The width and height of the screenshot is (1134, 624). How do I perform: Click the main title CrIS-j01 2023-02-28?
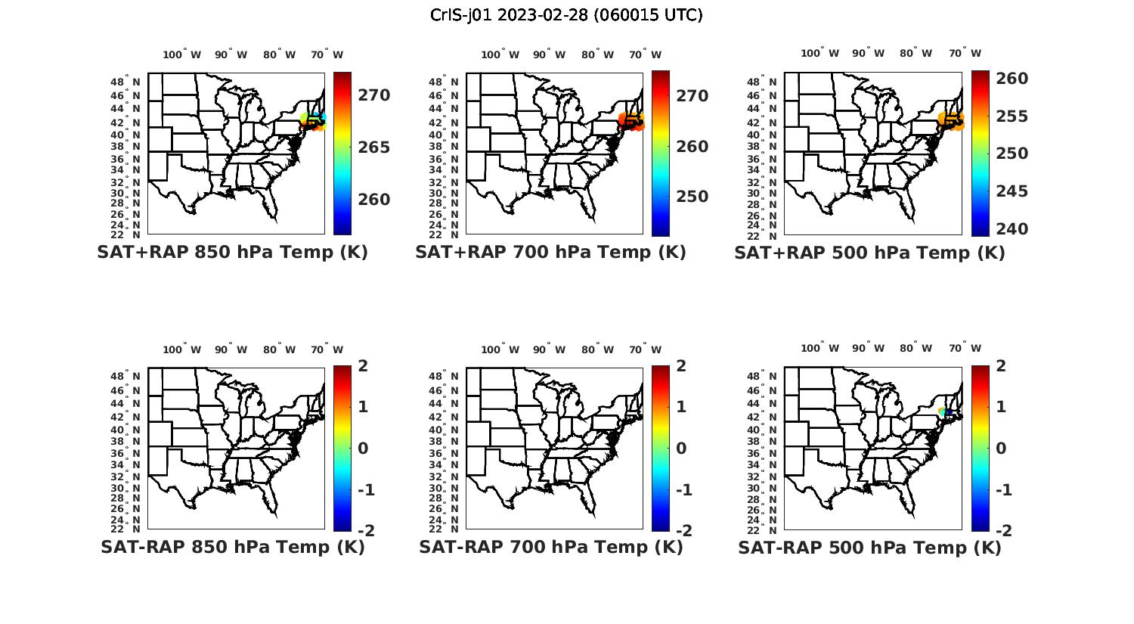click(566, 15)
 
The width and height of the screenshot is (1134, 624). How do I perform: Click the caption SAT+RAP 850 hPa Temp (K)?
click(232, 253)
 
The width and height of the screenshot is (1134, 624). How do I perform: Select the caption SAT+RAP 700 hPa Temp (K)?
click(550, 253)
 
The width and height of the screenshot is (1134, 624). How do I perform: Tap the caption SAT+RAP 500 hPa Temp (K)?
click(869, 253)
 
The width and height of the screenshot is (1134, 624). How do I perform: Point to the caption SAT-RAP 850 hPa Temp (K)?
click(232, 547)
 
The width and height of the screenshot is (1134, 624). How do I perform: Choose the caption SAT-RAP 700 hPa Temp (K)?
click(550, 547)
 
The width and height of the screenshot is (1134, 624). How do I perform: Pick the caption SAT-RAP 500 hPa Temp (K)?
click(869, 548)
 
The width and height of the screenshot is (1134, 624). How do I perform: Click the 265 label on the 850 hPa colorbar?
click(373, 147)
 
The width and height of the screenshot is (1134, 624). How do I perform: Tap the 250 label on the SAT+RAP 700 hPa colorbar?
click(692, 197)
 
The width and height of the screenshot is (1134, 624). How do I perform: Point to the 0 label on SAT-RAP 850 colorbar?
click(363, 448)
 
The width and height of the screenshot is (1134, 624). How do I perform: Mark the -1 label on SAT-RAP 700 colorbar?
click(683, 490)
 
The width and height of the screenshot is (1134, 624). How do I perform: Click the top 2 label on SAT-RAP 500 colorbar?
click(1001, 366)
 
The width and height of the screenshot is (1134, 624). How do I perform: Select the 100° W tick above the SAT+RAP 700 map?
click(500, 54)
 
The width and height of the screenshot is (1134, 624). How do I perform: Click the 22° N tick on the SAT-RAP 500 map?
click(768, 529)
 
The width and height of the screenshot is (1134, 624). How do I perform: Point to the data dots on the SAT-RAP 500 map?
click(945, 411)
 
